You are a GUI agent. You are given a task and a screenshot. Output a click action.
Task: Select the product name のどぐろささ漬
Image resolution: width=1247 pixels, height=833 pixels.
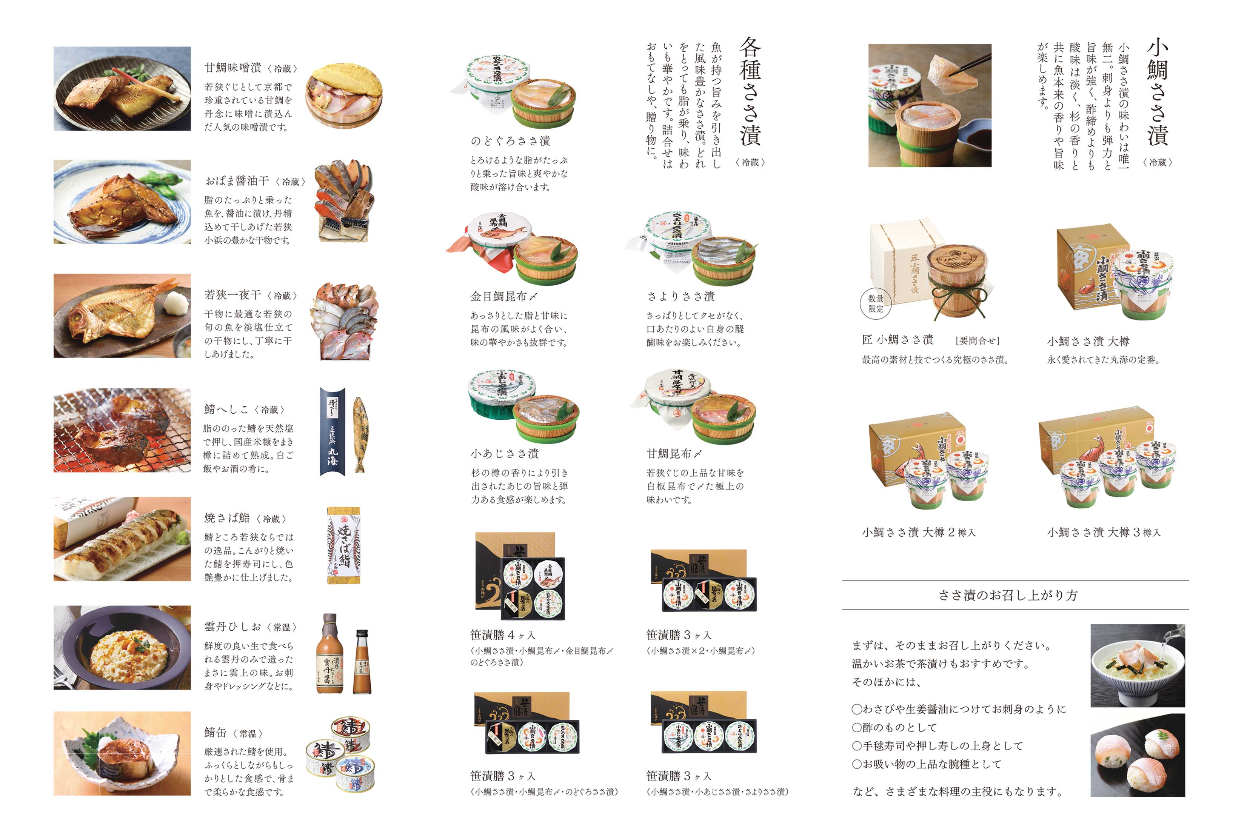click(510, 141)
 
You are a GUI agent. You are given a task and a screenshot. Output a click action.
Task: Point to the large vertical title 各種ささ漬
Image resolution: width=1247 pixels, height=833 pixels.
click(750, 91)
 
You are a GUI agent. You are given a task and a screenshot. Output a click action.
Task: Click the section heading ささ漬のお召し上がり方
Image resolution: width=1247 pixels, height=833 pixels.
click(1007, 595)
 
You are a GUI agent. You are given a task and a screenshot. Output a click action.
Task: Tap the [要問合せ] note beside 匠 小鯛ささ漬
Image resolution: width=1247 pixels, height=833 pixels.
click(977, 340)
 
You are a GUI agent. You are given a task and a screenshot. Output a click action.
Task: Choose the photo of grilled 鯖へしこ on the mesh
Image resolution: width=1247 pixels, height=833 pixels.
click(122, 430)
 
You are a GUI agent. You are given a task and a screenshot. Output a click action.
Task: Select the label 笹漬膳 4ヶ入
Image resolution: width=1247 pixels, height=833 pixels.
click(502, 635)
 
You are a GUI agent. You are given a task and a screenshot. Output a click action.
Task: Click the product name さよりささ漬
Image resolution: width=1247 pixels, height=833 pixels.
click(680, 296)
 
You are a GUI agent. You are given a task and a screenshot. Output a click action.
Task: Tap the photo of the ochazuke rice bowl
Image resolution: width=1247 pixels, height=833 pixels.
click(1137, 665)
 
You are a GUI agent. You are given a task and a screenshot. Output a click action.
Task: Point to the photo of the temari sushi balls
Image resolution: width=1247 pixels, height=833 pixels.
click(1137, 755)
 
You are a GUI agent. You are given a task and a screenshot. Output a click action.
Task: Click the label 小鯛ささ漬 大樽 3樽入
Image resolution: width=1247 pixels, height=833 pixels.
click(1104, 532)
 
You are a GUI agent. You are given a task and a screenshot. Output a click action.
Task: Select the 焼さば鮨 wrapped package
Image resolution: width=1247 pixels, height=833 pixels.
click(343, 545)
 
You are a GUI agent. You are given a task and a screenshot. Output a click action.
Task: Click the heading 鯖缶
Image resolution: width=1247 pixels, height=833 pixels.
click(216, 733)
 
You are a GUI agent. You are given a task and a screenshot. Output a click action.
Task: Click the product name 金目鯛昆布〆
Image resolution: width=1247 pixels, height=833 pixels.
click(503, 296)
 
